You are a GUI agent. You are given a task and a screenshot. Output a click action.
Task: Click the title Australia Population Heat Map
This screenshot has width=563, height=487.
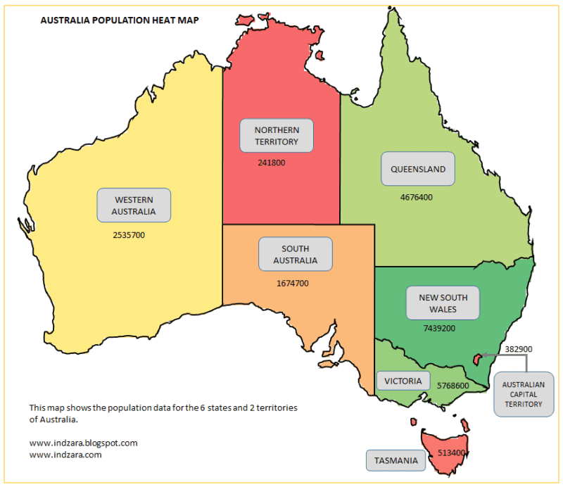pos(120,20)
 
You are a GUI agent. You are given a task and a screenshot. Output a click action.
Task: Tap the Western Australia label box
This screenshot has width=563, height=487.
pos(134,205)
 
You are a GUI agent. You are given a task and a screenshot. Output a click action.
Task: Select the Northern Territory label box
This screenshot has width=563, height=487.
pos(277,136)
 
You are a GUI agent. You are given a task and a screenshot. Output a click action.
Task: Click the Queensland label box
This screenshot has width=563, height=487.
pos(418,170)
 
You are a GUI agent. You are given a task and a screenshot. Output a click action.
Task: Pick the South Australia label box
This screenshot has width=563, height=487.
pos(294,255)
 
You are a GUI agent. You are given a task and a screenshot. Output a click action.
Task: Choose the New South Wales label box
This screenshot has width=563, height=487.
pos(443,303)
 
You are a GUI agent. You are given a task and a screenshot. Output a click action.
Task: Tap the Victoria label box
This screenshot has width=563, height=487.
pos(403,381)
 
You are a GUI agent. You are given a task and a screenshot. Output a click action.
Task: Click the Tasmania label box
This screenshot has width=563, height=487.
pos(396,461)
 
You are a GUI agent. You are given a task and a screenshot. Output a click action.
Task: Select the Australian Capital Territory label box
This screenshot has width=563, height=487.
pos(523,395)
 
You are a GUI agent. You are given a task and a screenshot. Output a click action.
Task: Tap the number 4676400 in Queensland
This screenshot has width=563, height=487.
pos(416,198)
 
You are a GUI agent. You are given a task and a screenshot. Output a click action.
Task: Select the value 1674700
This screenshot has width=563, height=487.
pos(292,284)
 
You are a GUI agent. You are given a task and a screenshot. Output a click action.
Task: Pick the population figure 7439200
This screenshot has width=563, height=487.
pos(440,329)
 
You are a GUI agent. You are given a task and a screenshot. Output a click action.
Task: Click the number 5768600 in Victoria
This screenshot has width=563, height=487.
pos(453,386)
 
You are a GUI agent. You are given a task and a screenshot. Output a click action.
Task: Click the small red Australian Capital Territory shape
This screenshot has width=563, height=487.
pos(476,360)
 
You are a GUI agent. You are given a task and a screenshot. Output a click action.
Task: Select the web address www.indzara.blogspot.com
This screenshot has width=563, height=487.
pos(83,443)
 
